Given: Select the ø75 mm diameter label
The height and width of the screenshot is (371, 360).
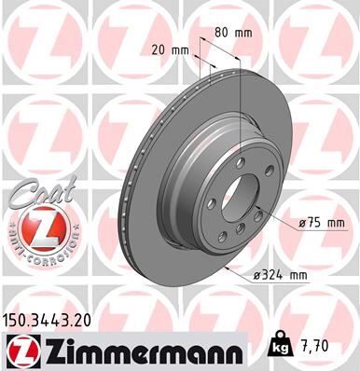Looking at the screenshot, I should pyautogui.click(x=323, y=223).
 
